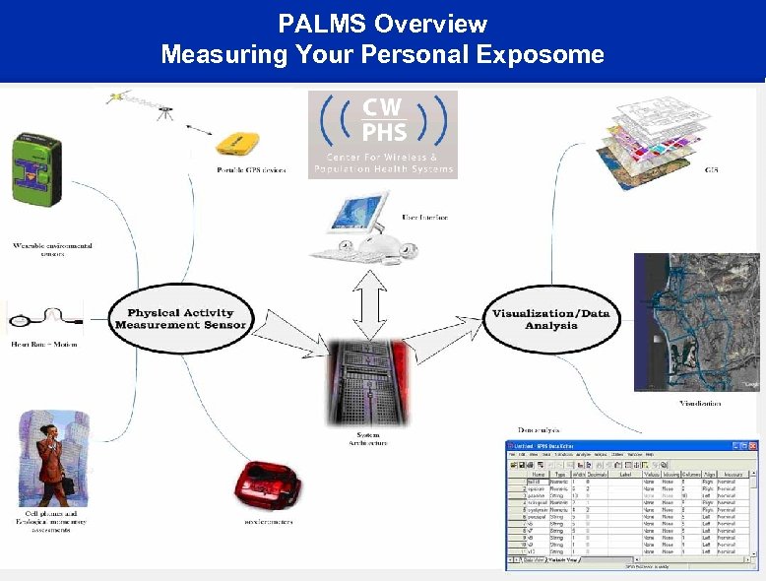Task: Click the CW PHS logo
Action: click(383, 134)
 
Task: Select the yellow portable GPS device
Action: click(240, 144)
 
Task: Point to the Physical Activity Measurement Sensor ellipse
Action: click(180, 319)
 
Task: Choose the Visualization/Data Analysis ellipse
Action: click(550, 319)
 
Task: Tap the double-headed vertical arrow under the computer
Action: click(366, 303)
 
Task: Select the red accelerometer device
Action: click(265, 484)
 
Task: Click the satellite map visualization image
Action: click(697, 321)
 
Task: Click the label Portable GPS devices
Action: click(251, 170)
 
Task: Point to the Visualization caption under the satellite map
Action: click(699, 403)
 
